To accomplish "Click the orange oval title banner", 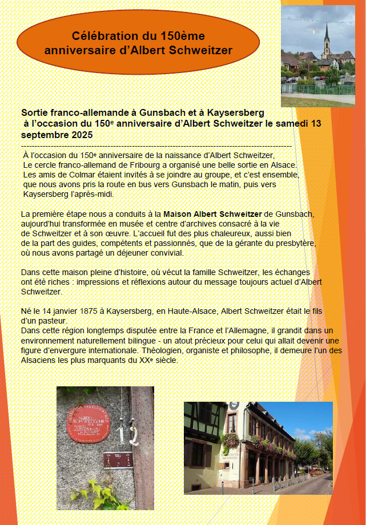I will click(x=139, y=42).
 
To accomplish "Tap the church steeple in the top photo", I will click(x=327, y=37).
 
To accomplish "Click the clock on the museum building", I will click(x=234, y=406).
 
